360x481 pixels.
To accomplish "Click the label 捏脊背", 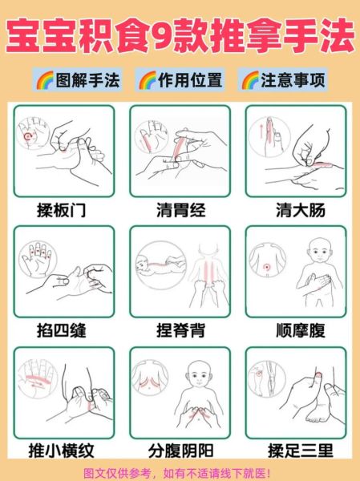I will pyautogui.click(x=180, y=329).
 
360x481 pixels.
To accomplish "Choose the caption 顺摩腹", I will pyautogui.click(x=296, y=329).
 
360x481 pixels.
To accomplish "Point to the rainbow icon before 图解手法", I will pyautogui.click(x=43, y=80).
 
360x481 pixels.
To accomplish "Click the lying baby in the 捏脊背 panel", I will pyautogui.click(x=152, y=265).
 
